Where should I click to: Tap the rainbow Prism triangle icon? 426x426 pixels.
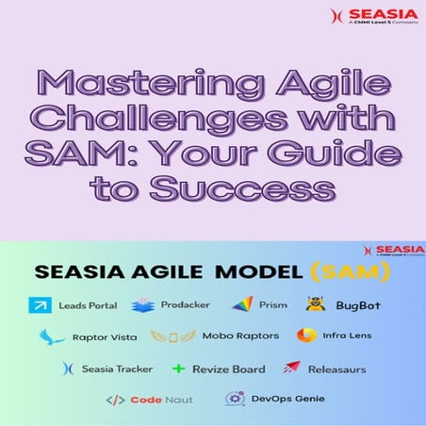pyautogui.click(x=242, y=304)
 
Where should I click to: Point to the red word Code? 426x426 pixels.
pyautogui.click(x=146, y=400)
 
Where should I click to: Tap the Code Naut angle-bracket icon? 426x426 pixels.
pyautogui.click(x=115, y=400)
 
